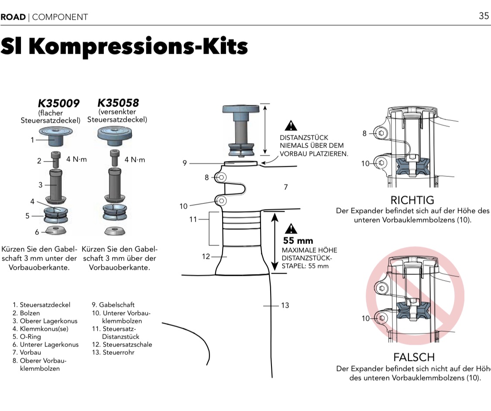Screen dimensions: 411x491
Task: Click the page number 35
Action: (x=484, y=16)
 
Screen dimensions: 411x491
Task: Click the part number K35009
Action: (x=59, y=103)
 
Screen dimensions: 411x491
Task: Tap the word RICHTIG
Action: (x=412, y=200)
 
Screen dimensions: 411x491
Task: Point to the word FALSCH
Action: (x=414, y=357)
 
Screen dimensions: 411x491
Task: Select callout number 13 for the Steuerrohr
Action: (x=285, y=305)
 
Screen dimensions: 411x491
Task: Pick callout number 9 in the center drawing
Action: (x=185, y=163)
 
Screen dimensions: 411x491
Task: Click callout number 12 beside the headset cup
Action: (x=206, y=256)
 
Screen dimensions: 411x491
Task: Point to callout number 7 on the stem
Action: (x=285, y=187)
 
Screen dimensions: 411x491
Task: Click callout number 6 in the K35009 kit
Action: (x=37, y=232)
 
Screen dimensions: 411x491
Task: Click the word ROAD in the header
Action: (x=13, y=17)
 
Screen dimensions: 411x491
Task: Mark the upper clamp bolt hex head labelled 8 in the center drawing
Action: (x=221, y=177)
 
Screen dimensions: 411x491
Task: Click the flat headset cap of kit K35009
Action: (x=55, y=132)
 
